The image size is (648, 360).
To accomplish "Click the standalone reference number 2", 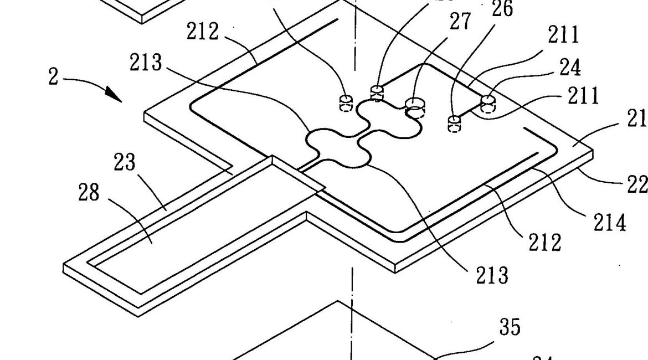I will coord(53,77).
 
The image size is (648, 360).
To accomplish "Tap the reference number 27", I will coord(460,22).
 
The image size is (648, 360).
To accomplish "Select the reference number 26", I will coord(502,9).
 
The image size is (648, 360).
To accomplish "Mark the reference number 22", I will coord(637,184).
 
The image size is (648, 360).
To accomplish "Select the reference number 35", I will coord(510,327).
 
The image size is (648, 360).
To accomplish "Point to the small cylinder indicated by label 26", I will coord(454,122).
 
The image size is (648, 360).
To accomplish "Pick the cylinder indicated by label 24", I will coord(488,103).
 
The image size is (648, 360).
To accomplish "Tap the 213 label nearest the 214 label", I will coord(491,275).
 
